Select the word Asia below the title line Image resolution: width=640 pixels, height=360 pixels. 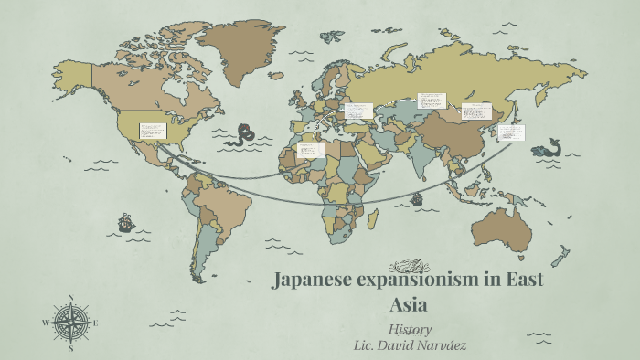[x=409, y=304]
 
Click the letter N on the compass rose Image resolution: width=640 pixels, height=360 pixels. [x=71, y=297]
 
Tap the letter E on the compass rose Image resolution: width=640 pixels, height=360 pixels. [x=96, y=323]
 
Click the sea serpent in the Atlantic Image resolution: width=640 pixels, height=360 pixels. [x=242, y=135]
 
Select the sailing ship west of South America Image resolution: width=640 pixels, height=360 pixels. [x=125, y=221]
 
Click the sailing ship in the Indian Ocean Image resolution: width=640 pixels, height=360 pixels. [x=417, y=198]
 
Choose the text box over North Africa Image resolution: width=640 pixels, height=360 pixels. [x=311, y=148]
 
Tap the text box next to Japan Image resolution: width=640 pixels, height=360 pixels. [x=512, y=133]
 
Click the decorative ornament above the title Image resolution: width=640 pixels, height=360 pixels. [x=408, y=266]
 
